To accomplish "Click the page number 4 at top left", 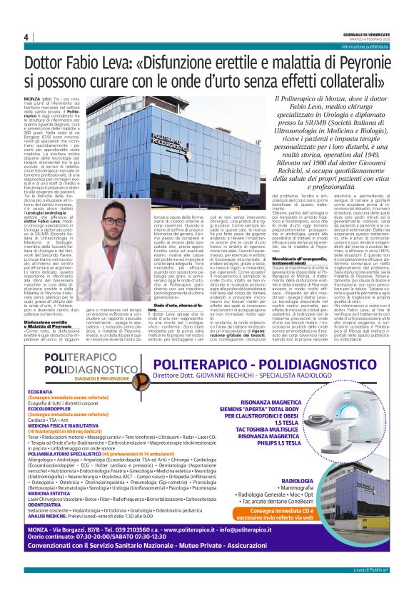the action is click(26, 37).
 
